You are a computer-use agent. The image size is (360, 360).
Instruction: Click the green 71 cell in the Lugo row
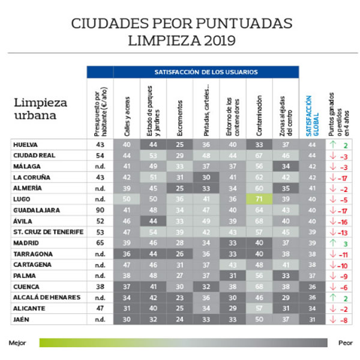tap(260, 199)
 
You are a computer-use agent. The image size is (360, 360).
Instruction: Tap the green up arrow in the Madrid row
tap(332, 242)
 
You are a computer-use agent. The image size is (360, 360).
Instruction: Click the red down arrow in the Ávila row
tap(332, 221)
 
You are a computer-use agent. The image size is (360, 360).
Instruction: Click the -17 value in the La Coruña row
tap(344, 178)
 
